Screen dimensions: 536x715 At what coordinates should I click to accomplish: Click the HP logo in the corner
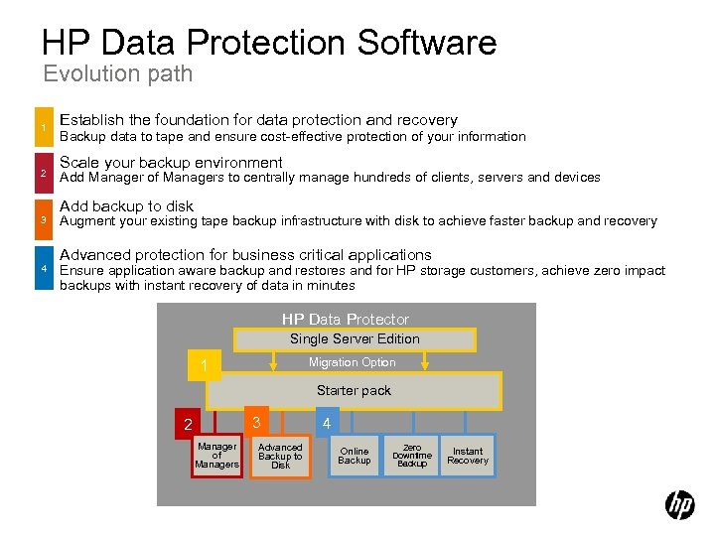679,505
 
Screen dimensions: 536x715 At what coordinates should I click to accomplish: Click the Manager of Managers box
216,456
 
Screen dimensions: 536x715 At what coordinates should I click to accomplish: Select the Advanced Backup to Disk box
280,456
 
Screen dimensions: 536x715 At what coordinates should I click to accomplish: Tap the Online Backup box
354,456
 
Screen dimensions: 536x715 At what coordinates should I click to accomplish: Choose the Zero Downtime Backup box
411,456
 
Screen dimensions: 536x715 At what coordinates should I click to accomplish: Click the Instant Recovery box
468,456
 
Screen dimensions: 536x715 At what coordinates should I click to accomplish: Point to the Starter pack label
354,390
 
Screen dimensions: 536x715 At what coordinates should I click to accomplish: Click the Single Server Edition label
355,338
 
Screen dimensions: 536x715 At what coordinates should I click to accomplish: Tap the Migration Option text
352,362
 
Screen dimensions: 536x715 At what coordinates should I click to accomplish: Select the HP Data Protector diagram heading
345,319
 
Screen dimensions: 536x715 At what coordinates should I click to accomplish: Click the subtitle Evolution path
117,73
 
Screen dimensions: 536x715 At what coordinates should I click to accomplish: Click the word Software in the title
426,43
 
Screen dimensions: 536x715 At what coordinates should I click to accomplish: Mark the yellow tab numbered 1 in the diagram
204,367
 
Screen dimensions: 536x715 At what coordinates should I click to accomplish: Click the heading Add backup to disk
126,206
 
